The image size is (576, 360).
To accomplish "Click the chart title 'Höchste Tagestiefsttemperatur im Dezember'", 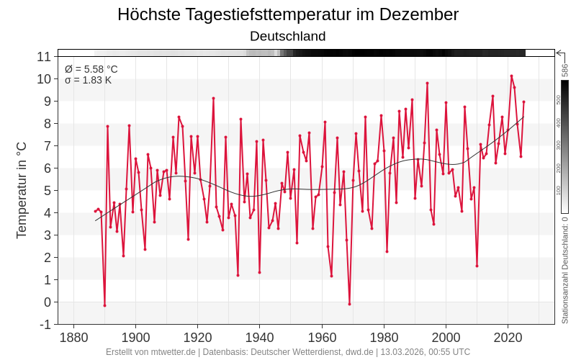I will pos(288,14).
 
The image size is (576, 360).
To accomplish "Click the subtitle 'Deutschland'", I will pos(288,36).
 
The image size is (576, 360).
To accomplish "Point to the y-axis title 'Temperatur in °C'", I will pos(22,190).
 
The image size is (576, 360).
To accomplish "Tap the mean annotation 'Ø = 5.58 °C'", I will pos(91,69).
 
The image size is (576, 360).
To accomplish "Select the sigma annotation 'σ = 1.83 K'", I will pos(88,80).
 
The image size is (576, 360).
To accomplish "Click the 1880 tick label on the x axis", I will pos(73,337).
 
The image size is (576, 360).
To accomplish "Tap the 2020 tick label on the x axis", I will pos(508,337).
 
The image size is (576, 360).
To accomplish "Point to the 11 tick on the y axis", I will pos(44,56).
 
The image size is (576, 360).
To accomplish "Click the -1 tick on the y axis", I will pos(44,324).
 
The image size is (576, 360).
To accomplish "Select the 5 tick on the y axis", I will pos(46,190).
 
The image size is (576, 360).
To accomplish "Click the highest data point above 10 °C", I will pos(511,76).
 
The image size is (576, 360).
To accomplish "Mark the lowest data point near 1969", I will pos(350,304).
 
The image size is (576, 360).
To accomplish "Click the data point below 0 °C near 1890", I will pos(104,305).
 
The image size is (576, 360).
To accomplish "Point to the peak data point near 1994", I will pos(427,83).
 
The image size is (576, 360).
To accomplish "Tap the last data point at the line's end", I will pos(523,102).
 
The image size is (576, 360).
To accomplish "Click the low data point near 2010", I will pos(477,266).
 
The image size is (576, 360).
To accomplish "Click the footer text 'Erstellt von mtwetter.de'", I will pos(150,352).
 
